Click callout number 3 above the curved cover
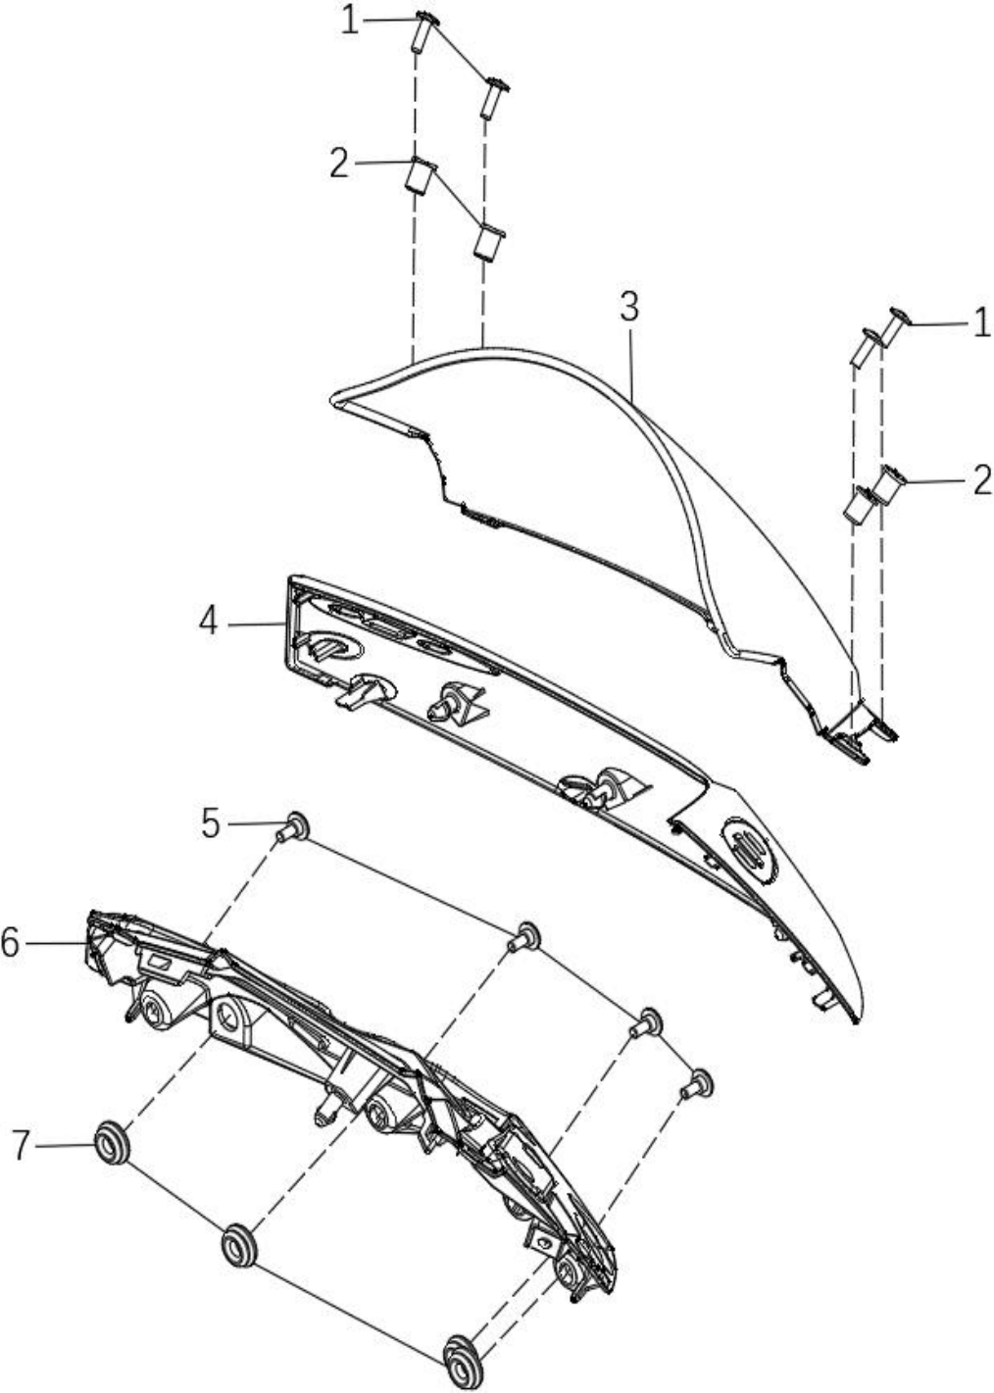pos(629,307)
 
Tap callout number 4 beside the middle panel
pos(209,622)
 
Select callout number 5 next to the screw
pos(211,824)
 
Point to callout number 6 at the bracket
pos(10,943)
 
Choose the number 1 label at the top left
pos(350,22)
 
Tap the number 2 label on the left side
pos(339,164)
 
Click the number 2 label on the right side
pos(981,480)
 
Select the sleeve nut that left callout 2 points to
pos(422,176)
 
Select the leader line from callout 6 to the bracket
pos(57,943)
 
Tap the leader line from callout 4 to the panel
pos(256,623)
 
